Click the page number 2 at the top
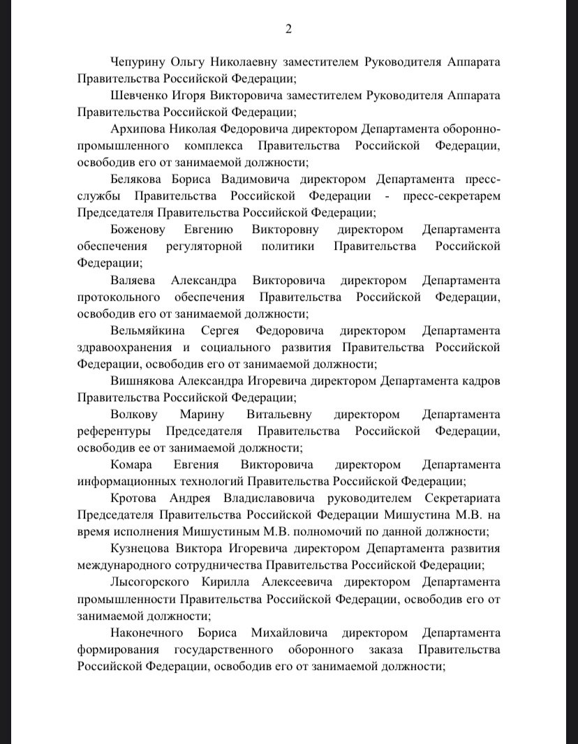(x=288, y=29)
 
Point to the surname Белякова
(x=139, y=179)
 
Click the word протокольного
(x=117, y=297)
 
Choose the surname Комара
(x=132, y=464)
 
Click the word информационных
(x=127, y=481)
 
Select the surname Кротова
(x=135, y=498)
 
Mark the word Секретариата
(x=463, y=498)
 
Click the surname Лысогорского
(x=154, y=581)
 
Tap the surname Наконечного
(x=147, y=632)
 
